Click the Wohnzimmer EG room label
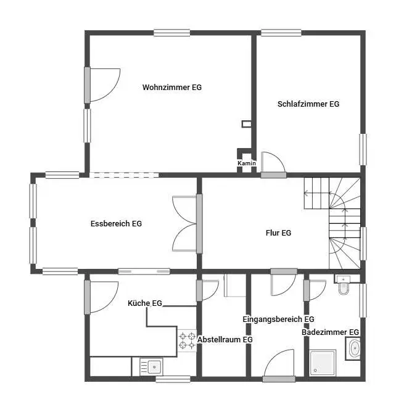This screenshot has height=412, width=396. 171,88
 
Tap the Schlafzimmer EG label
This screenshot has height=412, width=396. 308,104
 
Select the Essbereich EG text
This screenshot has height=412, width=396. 116,224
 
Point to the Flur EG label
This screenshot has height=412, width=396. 278,233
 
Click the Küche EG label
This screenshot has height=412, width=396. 145,303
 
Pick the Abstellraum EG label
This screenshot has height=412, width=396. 225,340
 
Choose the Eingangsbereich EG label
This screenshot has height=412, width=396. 278,319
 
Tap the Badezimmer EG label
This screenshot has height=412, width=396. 330,332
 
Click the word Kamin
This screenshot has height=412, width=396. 246,163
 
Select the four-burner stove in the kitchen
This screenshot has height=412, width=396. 187,341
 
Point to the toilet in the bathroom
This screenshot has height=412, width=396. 344,287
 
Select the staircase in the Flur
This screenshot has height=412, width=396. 336,222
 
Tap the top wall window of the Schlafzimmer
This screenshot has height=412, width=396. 281,33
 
